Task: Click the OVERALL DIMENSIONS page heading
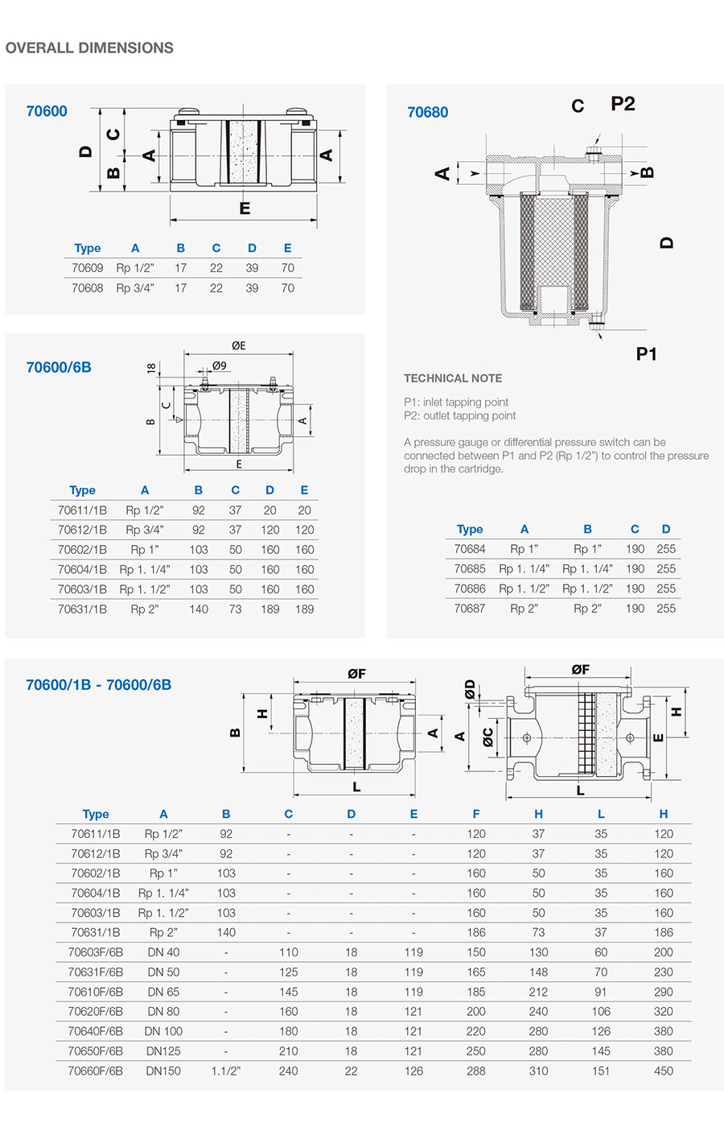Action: click(89, 48)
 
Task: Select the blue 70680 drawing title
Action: click(427, 113)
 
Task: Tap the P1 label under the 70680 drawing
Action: click(646, 353)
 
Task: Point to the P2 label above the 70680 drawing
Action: click(623, 104)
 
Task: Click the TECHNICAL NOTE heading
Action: click(453, 378)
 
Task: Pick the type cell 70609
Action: click(87, 268)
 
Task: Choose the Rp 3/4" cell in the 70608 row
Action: click(135, 288)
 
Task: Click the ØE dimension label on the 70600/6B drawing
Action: click(239, 346)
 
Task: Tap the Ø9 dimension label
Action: click(219, 365)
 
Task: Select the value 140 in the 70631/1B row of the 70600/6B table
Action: click(199, 609)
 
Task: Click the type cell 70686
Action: click(470, 588)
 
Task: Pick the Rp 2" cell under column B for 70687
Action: click(587, 609)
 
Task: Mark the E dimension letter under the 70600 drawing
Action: click(245, 208)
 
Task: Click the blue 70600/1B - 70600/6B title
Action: click(98, 685)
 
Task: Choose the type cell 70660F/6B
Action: click(96, 1071)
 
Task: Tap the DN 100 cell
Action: click(163, 1031)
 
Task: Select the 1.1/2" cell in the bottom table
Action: click(226, 1071)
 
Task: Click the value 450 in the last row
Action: click(664, 1071)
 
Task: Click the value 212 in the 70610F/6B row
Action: click(538, 992)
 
